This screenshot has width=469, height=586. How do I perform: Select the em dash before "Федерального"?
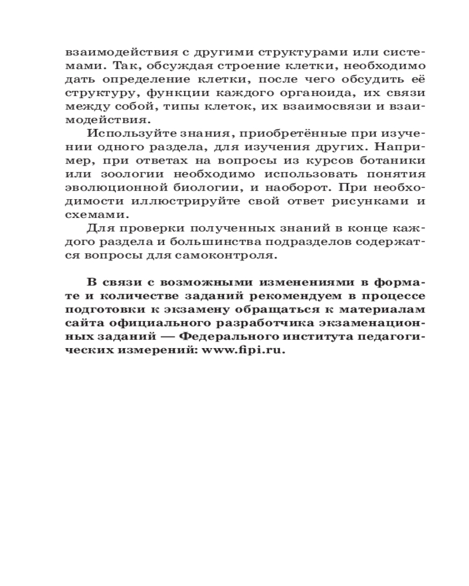168,336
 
